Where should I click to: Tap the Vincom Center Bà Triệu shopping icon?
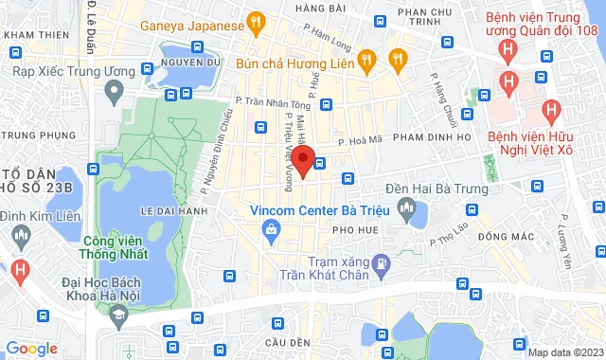click(272, 227)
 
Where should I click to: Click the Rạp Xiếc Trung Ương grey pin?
click(115, 93)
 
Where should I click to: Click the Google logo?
click(31, 349)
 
